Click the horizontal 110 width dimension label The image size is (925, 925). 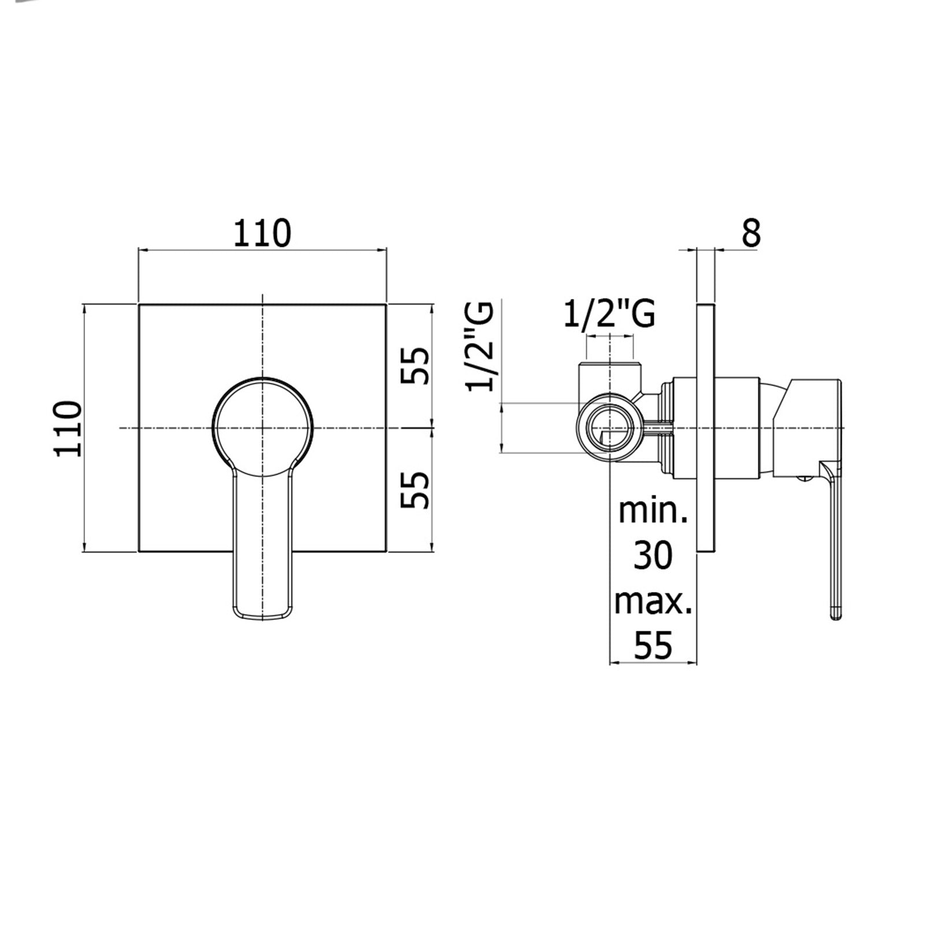262,233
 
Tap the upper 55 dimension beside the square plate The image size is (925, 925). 416,365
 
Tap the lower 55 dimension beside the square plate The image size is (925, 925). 416,490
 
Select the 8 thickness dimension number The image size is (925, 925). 750,233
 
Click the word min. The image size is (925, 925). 653,511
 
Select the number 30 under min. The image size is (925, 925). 653,556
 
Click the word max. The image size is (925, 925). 653,601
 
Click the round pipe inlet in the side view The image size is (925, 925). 610,428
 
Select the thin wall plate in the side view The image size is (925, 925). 706,428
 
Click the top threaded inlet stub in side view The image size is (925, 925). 610,379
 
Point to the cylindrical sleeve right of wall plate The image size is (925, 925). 737,428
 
